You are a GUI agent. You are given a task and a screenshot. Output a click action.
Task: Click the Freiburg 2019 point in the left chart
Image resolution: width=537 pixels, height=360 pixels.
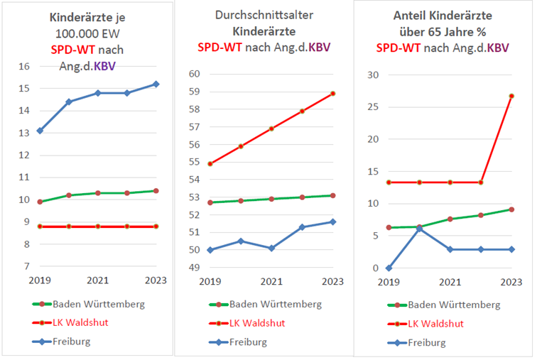coord(40,131)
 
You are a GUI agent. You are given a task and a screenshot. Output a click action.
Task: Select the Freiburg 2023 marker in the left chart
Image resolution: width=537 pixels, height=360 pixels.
coord(156,84)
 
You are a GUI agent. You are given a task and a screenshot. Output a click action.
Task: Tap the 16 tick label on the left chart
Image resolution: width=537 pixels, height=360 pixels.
coord(25,66)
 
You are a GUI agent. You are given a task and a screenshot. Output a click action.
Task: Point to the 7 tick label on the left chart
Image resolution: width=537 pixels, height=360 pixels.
coord(26,266)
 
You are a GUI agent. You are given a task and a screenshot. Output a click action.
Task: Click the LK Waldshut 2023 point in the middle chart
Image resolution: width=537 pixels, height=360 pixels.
coord(332,93)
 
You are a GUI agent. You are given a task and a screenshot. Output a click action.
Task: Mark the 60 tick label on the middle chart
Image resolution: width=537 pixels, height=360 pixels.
coord(195,75)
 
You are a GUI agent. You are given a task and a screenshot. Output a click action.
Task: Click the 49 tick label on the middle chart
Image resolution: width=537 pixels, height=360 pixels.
coord(195,267)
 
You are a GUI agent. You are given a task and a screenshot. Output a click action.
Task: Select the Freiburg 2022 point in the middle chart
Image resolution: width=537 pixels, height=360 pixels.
coord(303,227)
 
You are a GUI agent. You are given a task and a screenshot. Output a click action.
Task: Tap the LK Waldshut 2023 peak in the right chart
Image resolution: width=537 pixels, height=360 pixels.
coord(511,96)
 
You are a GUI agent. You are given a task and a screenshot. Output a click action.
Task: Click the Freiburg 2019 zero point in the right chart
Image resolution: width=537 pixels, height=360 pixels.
coord(389,268)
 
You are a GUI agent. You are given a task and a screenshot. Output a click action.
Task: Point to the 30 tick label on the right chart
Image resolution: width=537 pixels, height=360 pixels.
coord(371,75)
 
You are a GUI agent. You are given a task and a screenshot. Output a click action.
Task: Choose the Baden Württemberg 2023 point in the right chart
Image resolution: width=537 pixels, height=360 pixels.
coord(511,209)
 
